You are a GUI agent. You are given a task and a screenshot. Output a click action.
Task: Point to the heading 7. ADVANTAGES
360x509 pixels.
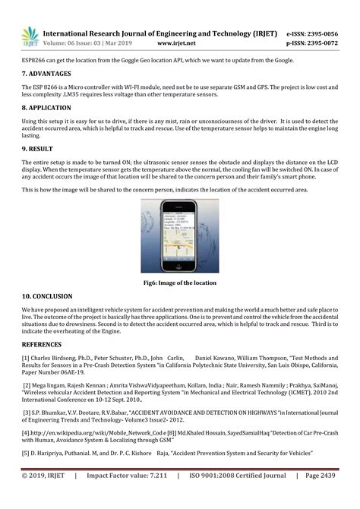[46, 74]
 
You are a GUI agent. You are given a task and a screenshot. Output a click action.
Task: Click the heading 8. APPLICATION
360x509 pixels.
[47, 109]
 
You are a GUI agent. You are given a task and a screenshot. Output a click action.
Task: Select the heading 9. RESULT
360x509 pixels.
[37, 150]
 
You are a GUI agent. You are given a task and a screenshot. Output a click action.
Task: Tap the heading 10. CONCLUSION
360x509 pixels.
[47, 296]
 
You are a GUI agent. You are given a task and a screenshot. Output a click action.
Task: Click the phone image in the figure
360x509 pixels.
[180, 237]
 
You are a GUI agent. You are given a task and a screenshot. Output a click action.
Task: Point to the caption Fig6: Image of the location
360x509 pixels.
[180, 283]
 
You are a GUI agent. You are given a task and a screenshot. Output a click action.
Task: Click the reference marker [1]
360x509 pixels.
[26, 356]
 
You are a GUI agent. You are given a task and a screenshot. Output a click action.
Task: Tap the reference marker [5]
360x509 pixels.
[26, 453]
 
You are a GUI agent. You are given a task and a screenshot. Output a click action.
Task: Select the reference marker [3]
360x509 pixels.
[27, 413]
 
